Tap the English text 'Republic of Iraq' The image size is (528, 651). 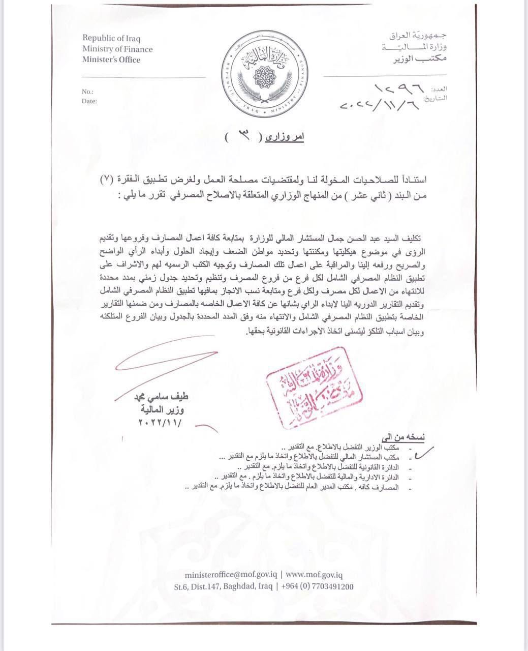pyautogui.click(x=112, y=39)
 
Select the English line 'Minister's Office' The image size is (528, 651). pyautogui.click(x=111, y=60)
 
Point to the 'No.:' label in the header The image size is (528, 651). pyautogui.click(x=87, y=92)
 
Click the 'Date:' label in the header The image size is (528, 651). pyautogui.click(x=89, y=101)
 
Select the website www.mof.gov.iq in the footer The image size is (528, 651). pyautogui.click(x=315, y=574)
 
